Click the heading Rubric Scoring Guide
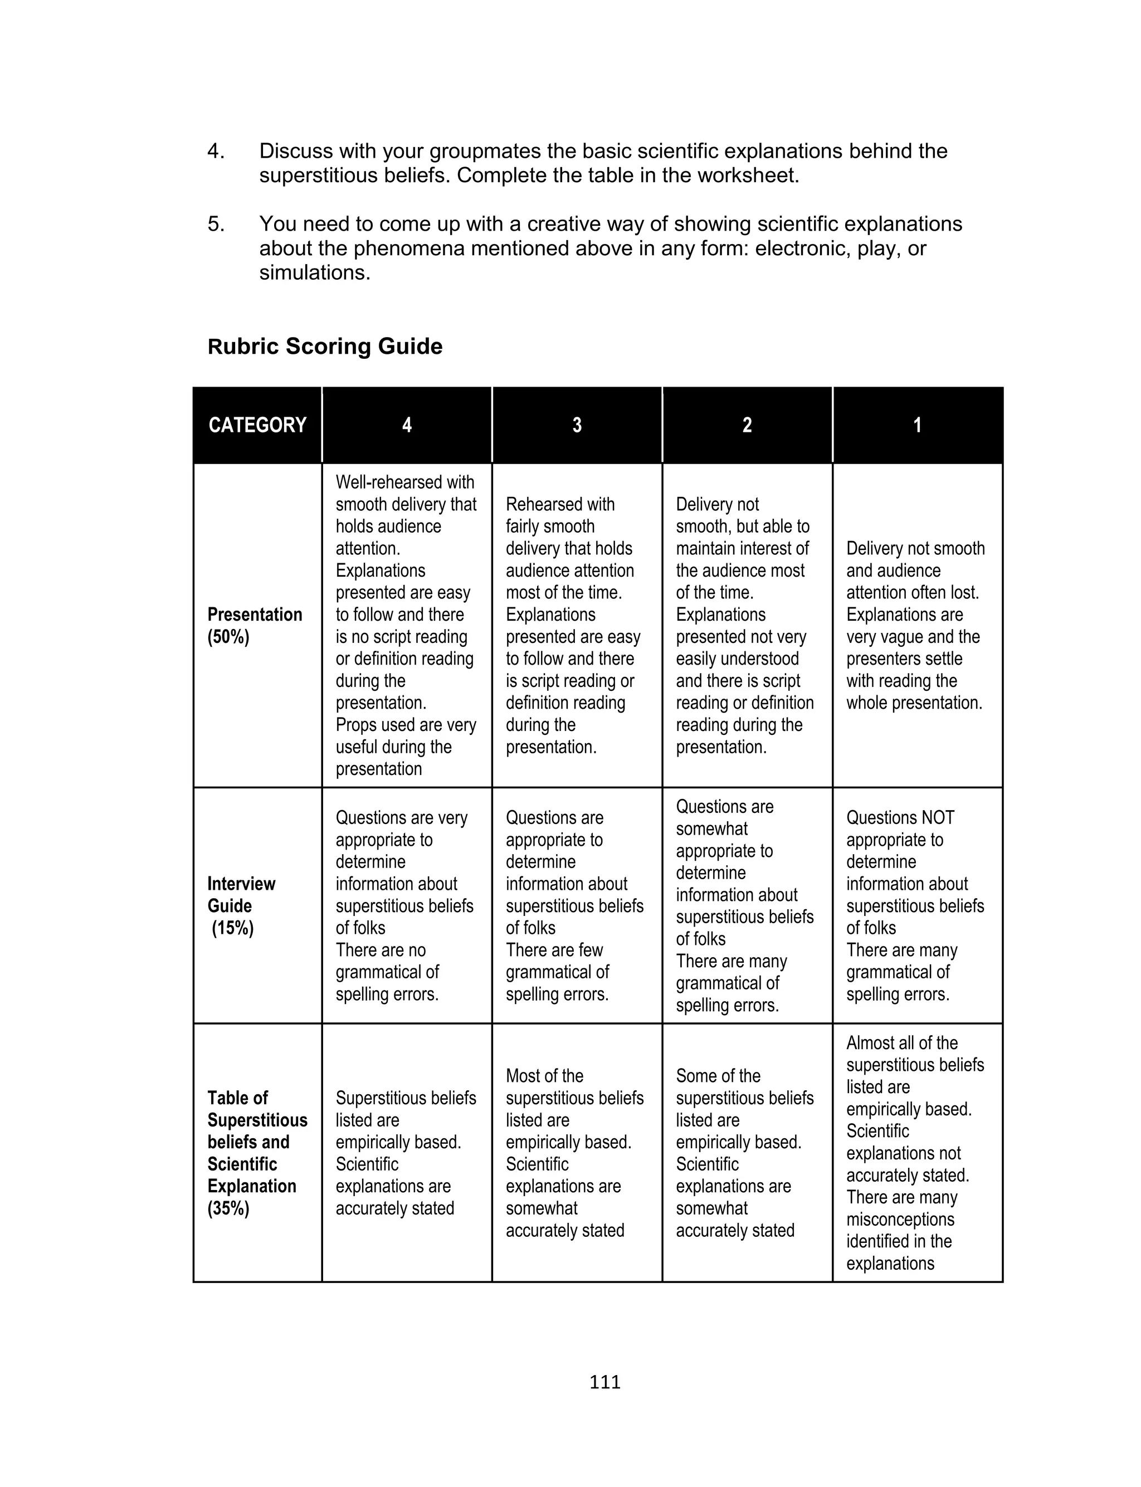(325, 347)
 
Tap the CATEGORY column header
(257, 425)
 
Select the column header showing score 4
(407, 425)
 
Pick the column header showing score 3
(577, 425)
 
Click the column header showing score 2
(747, 425)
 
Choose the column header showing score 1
(918, 425)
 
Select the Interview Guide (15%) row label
(241, 905)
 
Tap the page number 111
(604, 1382)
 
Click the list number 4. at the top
(216, 151)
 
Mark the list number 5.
(216, 224)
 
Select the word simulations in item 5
(314, 273)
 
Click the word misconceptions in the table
(900, 1220)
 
